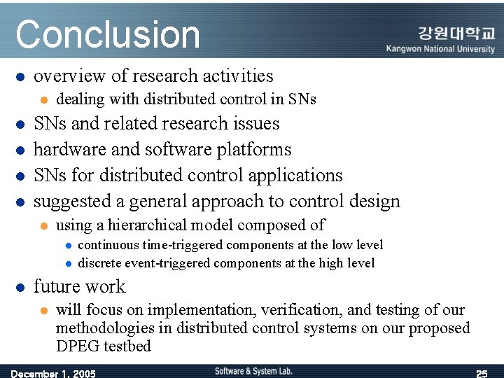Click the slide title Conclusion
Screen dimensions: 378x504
pos(108,34)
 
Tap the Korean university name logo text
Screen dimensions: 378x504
pos(456,34)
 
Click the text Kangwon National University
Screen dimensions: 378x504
pos(440,49)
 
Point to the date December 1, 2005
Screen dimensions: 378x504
pos(53,373)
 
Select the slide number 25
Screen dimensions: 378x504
pos(481,373)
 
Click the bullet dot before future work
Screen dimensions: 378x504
pos(21,288)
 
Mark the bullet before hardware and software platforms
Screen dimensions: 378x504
pos(21,150)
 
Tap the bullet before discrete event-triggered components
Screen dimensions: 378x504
pos(68,264)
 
